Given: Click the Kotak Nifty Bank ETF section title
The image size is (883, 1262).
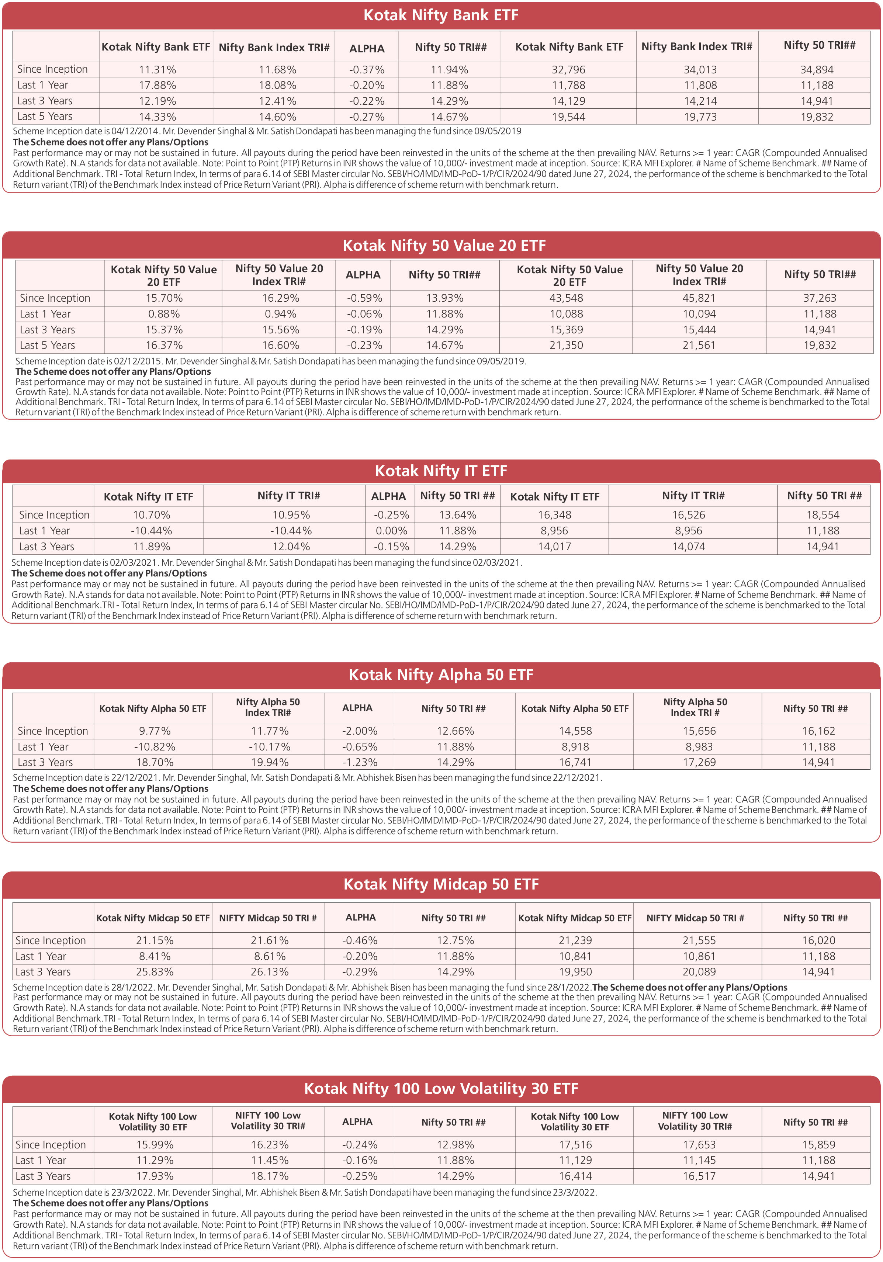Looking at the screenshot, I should [x=441, y=15].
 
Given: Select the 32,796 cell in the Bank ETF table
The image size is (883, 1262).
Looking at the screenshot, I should [x=568, y=70].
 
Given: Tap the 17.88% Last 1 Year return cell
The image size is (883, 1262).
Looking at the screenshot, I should [x=157, y=85].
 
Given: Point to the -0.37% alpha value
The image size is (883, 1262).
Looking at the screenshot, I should [x=367, y=70].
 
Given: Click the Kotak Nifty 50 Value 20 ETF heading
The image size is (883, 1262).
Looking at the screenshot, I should [x=444, y=245].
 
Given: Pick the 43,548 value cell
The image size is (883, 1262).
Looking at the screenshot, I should [x=566, y=298].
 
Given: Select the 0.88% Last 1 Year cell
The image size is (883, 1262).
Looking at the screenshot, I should [x=164, y=314].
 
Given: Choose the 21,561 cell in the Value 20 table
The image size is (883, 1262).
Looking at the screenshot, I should [x=699, y=345].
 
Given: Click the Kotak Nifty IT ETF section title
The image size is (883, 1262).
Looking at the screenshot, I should [x=441, y=471].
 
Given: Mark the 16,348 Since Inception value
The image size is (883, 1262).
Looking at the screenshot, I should [x=554, y=514].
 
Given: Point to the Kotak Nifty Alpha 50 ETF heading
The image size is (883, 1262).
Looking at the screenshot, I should [x=441, y=675].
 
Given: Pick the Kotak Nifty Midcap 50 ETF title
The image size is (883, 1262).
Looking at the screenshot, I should [x=441, y=884].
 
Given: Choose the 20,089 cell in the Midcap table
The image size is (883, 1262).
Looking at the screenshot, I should [x=699, y=972].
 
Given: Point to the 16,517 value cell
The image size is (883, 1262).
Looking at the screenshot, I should [x=699, y=1176].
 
